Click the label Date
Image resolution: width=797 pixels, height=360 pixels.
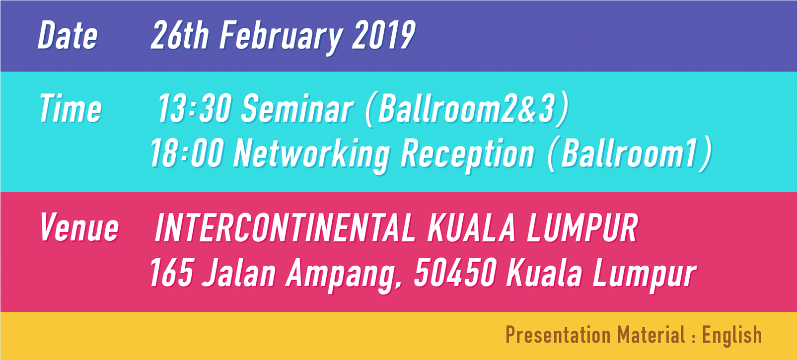(x=68, y=35)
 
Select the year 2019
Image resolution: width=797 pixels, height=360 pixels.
(x=383, y=35)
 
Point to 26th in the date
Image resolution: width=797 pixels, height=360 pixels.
(x=180, y=35)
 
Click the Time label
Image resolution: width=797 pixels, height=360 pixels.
(x=71, y=108)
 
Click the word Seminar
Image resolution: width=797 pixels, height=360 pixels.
(x=297, y=108)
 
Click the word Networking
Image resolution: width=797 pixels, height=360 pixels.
(x=312, y=156)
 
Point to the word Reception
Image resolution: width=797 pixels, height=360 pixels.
(x=468, y=156)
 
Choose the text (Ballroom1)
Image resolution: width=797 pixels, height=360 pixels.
(x=630, y=154)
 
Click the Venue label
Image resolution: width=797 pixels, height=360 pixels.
(x=79, y=227)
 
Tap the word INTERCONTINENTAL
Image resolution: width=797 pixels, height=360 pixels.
(x=285, y=227)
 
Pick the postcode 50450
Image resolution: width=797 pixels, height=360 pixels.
(x=455, y=273)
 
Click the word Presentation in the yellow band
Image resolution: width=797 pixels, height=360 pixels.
(x=558, y=335)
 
